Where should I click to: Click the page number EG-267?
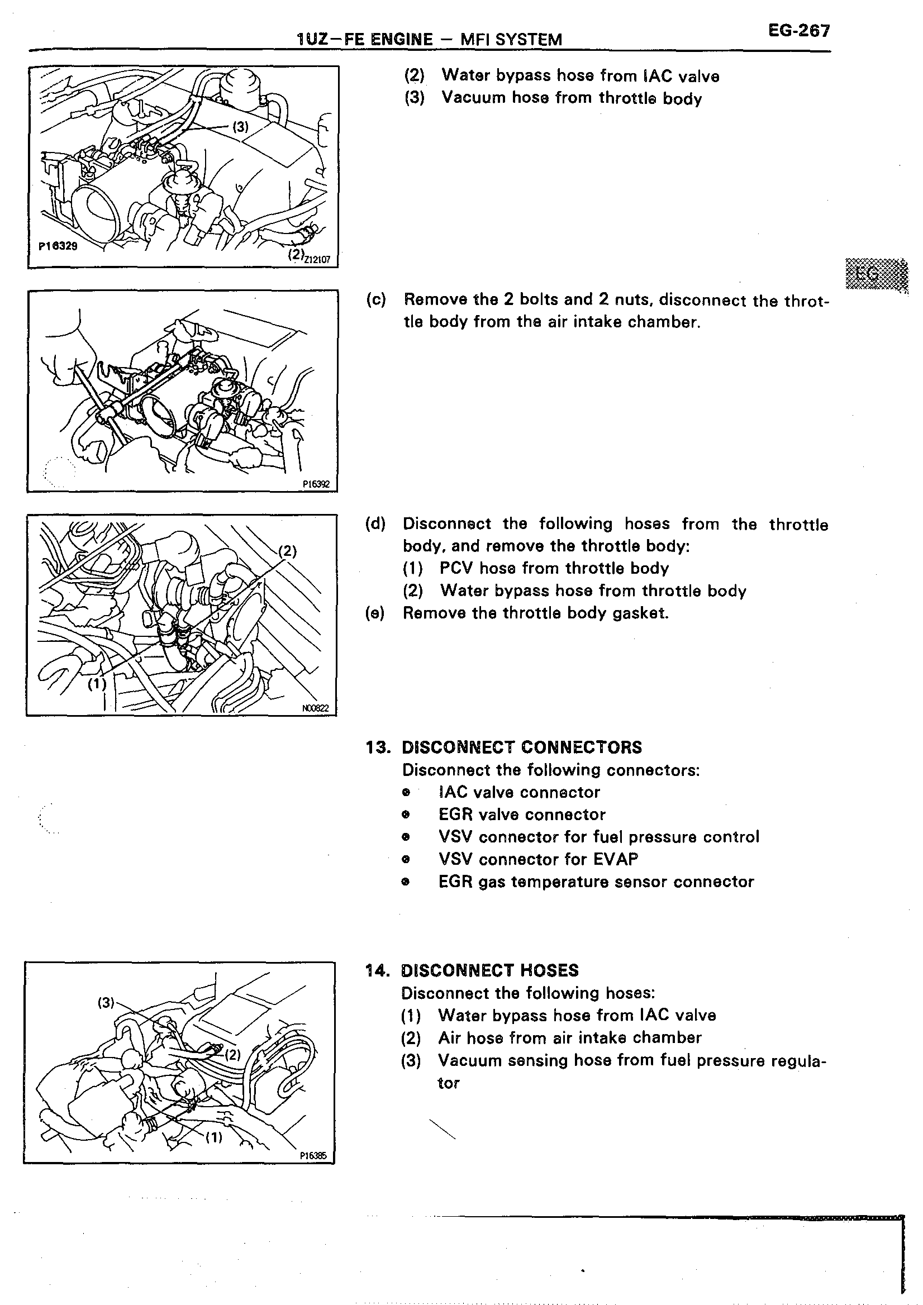coord(798,31)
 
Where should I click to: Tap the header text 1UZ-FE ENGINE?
coord(364,39)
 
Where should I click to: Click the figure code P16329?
coord(58,246)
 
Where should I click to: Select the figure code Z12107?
coord(317,260)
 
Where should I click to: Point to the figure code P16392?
coord(316,484)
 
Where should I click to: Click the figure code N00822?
coord(315,708)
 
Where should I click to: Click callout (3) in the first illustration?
coord(241,127)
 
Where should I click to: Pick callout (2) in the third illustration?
coord(287,551)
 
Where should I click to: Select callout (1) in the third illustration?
coord(97,683)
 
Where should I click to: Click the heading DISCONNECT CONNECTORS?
coord(522,747)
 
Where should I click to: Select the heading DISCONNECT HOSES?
coord(489,970)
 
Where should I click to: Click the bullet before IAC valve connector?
coord(405,792)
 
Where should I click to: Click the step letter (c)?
coord(375,299)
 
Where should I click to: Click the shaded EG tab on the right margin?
coord(876,274)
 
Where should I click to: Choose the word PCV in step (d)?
coord(457,568)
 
